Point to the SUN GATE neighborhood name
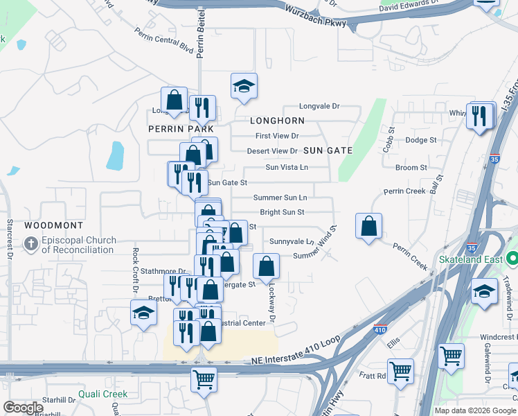(328, 150)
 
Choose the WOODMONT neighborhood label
(53, 225)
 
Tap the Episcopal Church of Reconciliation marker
(30, 244)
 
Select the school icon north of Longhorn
(244, 87)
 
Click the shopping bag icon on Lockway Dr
(267, 266)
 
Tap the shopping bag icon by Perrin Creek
(369, 225)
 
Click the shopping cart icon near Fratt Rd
(400, 372)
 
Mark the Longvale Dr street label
(319, 106)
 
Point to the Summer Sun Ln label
(280, 198)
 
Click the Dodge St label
(421, 139)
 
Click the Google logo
(24, 408)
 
